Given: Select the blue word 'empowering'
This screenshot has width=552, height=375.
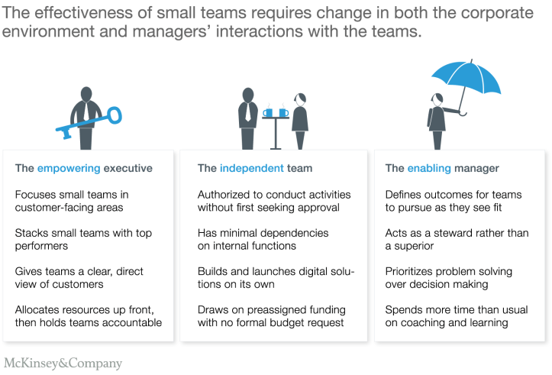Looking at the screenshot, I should (69, 168).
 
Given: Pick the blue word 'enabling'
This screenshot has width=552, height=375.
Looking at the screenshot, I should (430, 168).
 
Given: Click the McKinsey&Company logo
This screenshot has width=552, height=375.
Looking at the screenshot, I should (63, 363).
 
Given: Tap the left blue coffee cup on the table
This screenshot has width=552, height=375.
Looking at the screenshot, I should (269, 112).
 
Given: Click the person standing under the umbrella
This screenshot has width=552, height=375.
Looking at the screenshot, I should (437, 121).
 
